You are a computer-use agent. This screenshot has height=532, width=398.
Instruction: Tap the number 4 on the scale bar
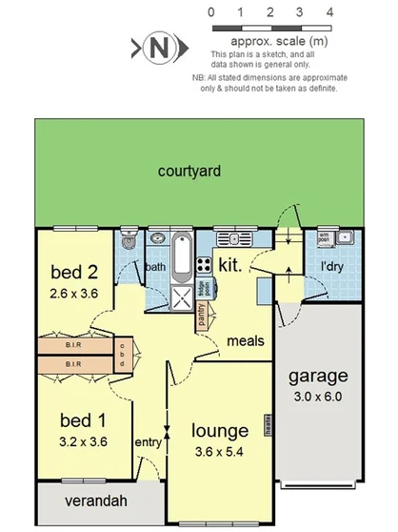pyautogui.click(x=329, y=12)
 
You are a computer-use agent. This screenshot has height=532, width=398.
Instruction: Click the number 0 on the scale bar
pyautogui.click(x=210, y=12)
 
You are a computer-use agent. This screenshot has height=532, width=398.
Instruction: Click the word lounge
pyautogui.click(x=219, y=430)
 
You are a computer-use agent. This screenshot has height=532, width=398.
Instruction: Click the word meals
pyautogui.click(x=246, y=341)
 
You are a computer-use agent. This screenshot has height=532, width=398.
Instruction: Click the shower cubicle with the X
pyautogui.click(x=180, y=296)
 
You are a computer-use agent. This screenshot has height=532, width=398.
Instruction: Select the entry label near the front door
pyautogui.click(x=148, y=441)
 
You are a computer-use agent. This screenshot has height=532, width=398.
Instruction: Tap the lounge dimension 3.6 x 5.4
pyautogui.click(x=219, y=451)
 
